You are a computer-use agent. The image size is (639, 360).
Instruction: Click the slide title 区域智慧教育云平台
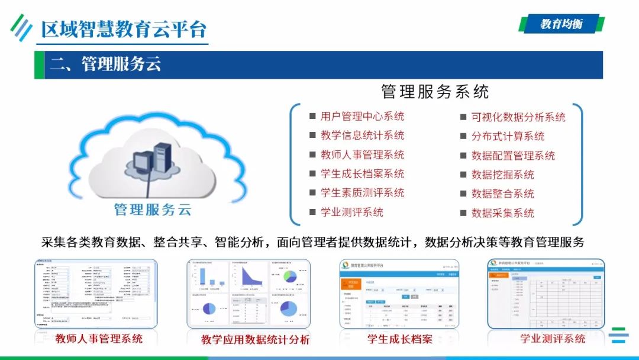click(x=124, y=29)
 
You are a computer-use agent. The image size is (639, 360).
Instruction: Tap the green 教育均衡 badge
click(x=561, y=24)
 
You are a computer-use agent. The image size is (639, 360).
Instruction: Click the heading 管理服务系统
click(x=435, y=92)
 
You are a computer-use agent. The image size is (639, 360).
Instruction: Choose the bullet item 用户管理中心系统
click(x=362, y=117)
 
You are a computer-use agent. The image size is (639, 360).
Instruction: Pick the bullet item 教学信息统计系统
click(x=362, y=136)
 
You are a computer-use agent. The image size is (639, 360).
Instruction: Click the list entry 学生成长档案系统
click(x=362, y=174)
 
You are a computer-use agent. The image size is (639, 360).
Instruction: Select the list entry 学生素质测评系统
click(x=362, y=193)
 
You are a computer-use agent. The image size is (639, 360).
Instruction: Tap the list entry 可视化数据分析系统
click(x=518, y=117)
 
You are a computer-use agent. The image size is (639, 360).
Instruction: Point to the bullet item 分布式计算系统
click(x=508, y=136)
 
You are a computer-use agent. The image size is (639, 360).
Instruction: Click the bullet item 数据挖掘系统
click(x=502, y=175)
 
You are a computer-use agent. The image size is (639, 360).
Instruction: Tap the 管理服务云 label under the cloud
click(x=152, y=210)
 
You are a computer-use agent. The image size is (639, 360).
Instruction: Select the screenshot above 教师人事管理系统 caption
click(x=96, y=293)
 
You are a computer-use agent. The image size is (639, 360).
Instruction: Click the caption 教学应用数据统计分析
click(x=255, y=340)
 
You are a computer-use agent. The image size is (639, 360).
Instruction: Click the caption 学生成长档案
click(x=400, y=339)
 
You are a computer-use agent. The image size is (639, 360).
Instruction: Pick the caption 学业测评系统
click(x=553, y=339)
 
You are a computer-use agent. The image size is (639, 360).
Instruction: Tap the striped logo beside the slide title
click(x=21, y=27)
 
